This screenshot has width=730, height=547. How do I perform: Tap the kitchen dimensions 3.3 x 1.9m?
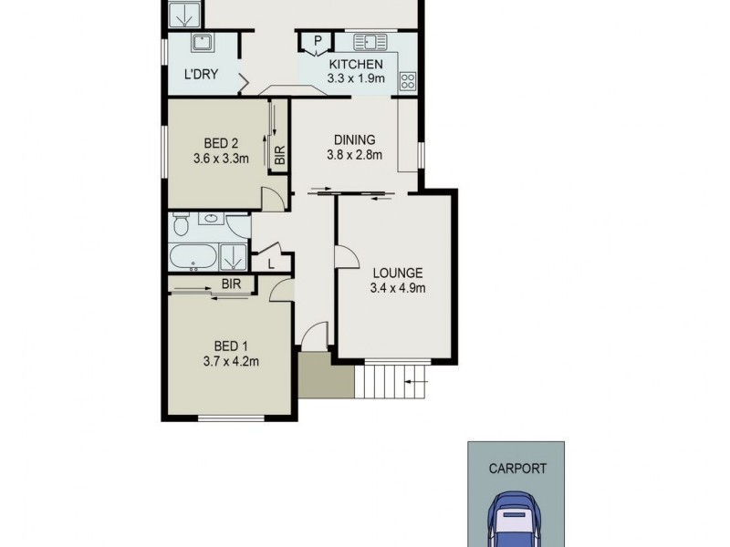point(355,78)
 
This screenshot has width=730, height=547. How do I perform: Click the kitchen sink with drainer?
point(370,41)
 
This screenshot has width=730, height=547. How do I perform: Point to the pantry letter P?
point(318,40)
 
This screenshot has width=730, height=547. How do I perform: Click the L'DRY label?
point(201,75)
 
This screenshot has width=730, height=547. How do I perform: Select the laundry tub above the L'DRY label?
point(202,42)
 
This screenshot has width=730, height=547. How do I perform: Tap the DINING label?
point(354,139)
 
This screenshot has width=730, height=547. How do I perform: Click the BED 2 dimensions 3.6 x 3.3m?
point(221,158)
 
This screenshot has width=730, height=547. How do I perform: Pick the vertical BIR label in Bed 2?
point(280,155)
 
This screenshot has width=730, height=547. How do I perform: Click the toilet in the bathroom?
point(181,223)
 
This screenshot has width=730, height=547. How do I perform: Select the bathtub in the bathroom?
point(193,257)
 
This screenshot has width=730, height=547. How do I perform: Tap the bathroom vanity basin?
point(213,219)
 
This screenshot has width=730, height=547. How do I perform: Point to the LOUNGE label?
point(397,273)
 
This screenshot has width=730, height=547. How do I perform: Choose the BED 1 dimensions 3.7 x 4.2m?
point(231,360)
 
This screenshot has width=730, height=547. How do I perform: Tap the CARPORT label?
point(517,469)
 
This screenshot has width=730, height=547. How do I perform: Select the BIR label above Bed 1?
point(231,284)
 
